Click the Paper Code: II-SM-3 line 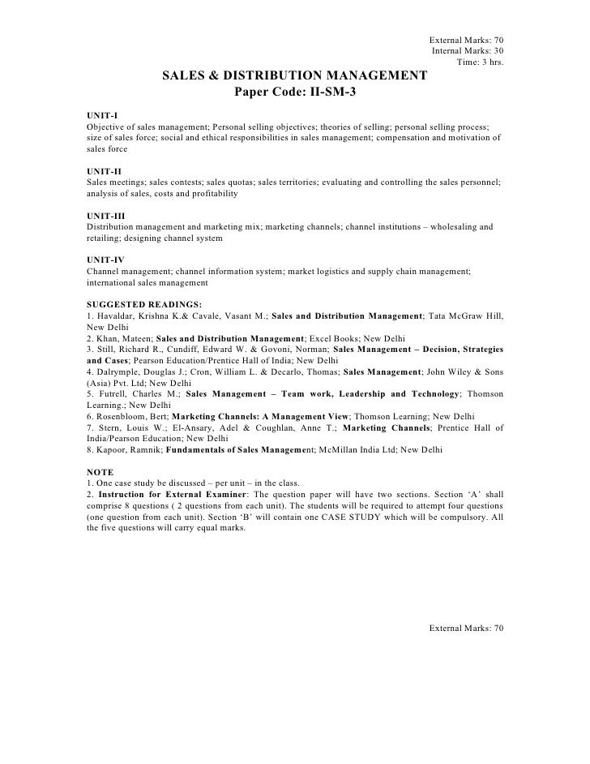(x=295, y=92)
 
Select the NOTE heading (x=100, y=472)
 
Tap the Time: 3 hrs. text (x=481, y=62)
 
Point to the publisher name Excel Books (x=335, y=337)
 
